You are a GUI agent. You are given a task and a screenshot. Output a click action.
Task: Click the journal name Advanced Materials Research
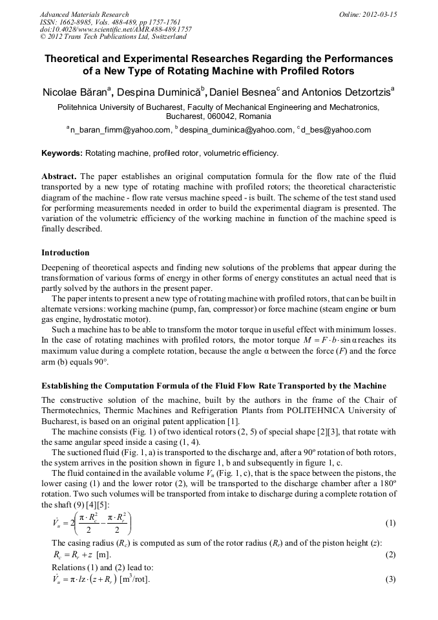pos(85,14)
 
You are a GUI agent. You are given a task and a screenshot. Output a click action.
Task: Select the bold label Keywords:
pos(62,153)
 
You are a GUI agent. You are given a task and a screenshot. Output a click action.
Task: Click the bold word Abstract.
pos(59,176)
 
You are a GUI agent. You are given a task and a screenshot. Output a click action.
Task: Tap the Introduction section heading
pos(65,252)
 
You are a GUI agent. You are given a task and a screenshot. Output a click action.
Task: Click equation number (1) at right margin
pos(390,522)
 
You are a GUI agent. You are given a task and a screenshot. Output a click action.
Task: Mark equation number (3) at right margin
pos(390,579)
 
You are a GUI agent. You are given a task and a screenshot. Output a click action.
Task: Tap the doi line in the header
pos(116,30)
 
